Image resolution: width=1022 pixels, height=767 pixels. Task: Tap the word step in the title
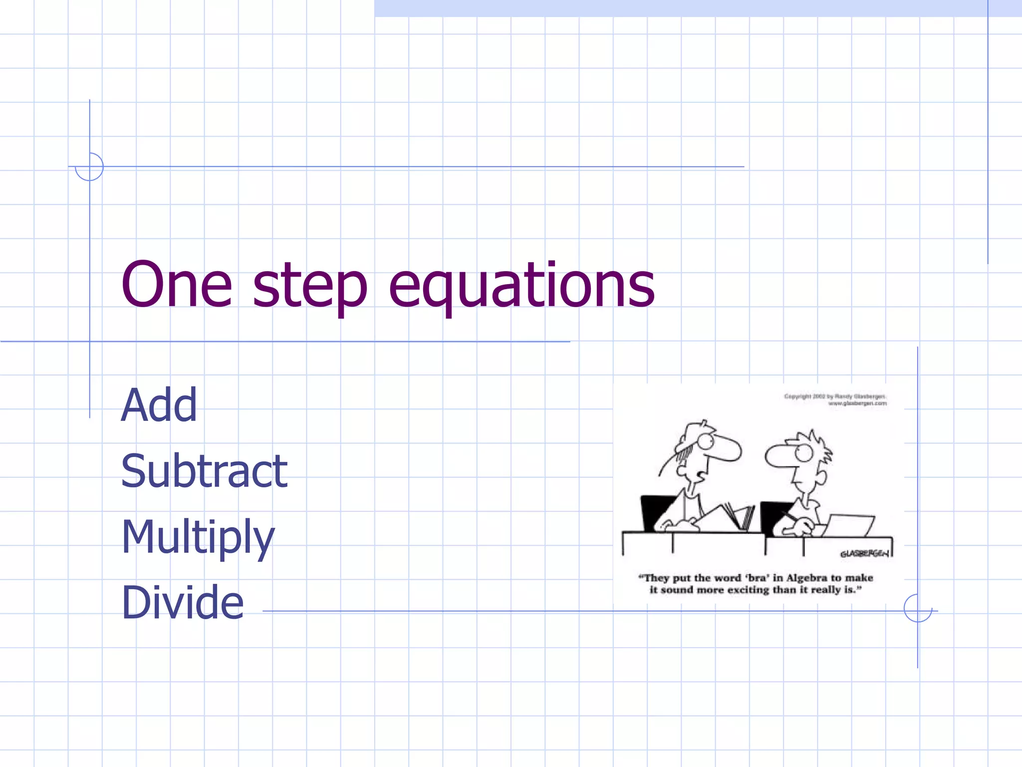310,287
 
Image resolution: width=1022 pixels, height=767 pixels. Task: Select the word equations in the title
521,287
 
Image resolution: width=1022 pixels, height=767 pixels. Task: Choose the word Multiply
198,538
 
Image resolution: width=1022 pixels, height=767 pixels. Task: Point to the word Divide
182,602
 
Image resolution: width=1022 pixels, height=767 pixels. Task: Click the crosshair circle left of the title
89,167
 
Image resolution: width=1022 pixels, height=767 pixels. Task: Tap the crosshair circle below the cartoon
918,608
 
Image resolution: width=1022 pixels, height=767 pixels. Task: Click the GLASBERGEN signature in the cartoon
864,553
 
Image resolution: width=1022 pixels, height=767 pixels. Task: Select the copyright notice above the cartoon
835,399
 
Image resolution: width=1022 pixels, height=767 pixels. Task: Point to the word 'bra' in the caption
756,578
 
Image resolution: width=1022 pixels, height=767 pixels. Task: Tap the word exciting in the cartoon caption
748,590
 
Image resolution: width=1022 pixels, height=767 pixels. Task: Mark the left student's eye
705,441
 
